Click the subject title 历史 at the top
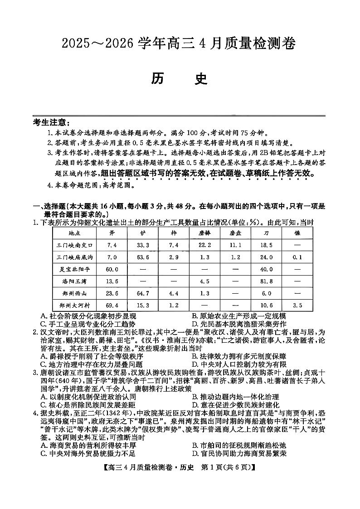(180, 78)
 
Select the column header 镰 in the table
(297, 233)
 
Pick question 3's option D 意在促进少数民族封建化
(235, 405)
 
